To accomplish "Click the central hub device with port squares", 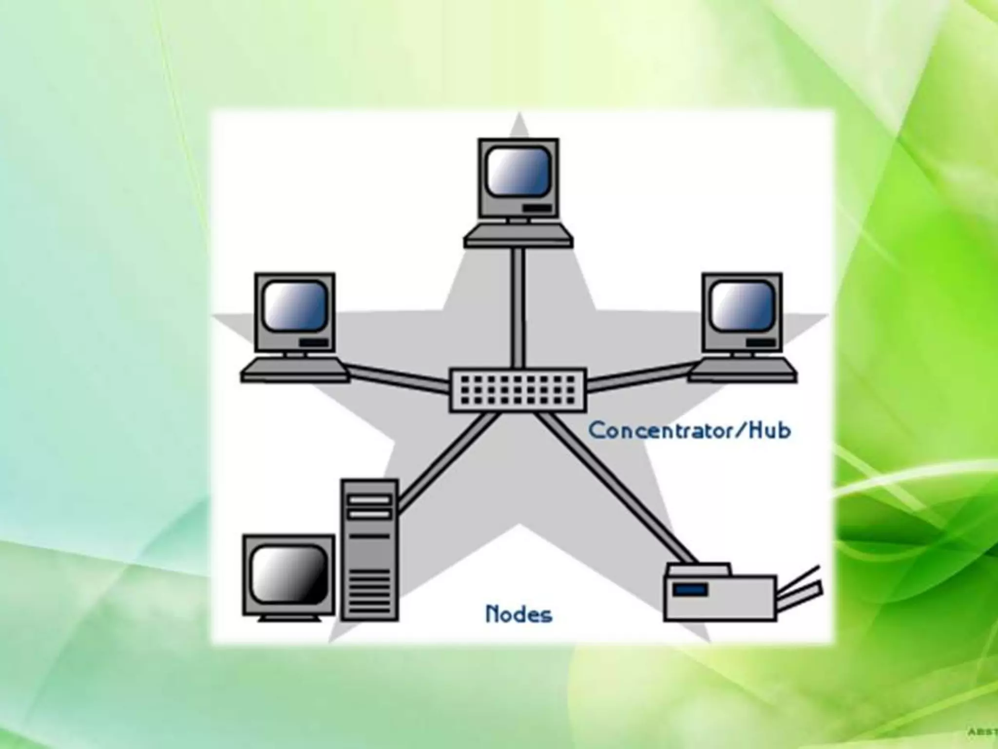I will (x=518, y=390).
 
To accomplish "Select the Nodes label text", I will (x=518, y=614).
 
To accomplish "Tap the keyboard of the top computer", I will (x=518, y=239).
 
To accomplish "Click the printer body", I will (x=720, y=597).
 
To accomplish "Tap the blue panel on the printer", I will (x=690, y=590).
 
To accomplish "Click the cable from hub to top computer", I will (x=518, y=307).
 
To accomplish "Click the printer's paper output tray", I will (x=799, y=588).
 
